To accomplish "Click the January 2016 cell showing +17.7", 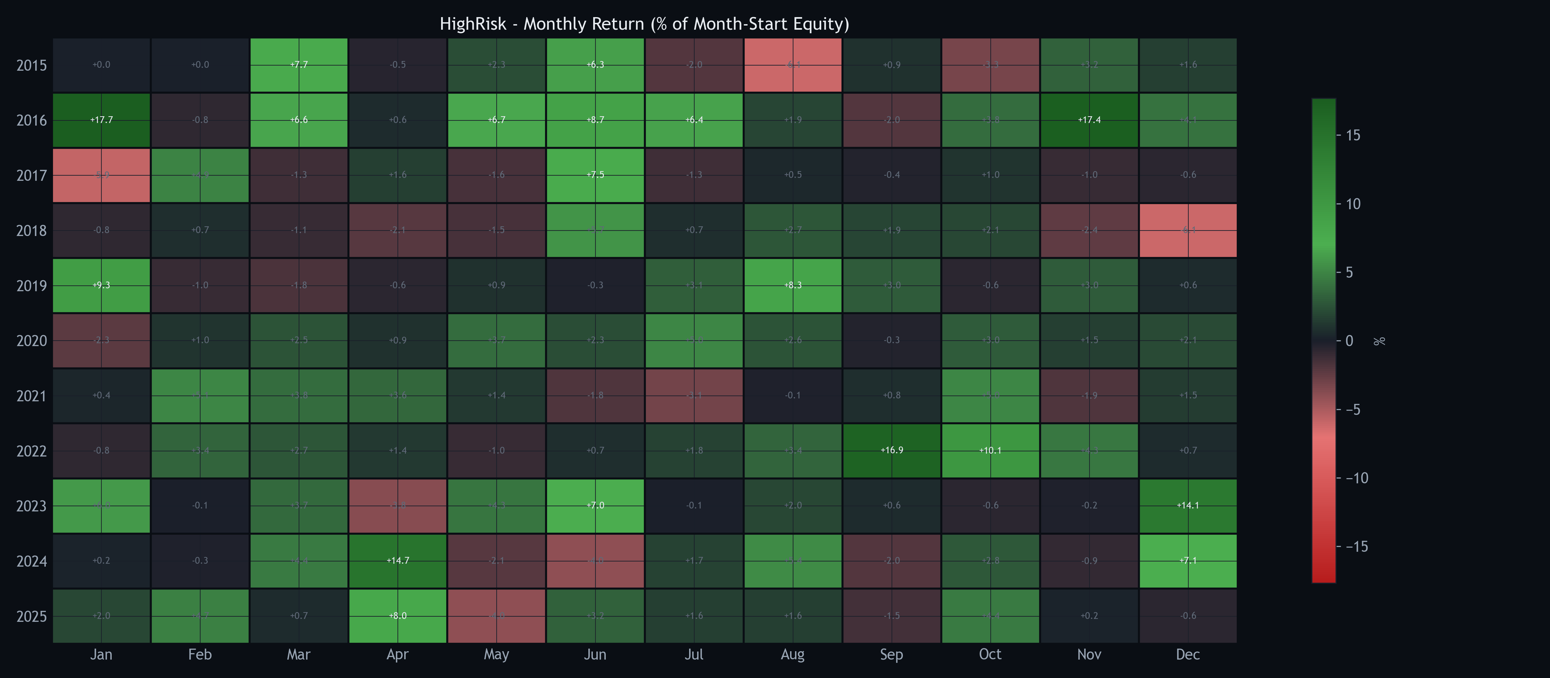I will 101,120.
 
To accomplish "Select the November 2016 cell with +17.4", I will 1089,120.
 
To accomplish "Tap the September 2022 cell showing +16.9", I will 891,450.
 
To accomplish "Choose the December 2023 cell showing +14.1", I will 1188,505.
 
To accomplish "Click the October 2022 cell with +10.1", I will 990,450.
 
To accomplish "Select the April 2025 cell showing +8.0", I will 398,615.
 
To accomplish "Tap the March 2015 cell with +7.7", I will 298,64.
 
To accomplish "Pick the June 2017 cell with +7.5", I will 595,174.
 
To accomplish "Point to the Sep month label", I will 891,654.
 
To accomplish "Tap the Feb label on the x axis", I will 200,654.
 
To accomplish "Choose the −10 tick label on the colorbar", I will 1357,478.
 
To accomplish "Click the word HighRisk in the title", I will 473,24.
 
